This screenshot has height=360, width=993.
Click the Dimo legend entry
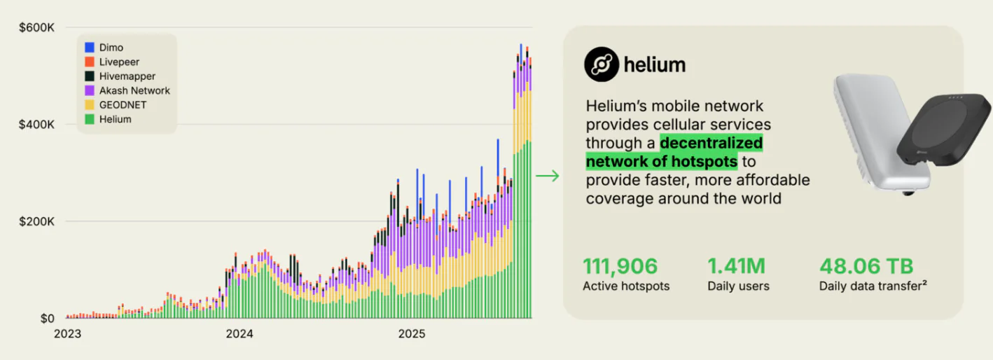[x=111, y=48]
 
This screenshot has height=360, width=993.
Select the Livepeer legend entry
[x=118, y=62]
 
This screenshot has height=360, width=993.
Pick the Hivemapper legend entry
[x=127, y=76]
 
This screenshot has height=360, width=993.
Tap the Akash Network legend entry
[x=134, y=90]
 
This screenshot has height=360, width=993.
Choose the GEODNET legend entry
[x=122, y=105]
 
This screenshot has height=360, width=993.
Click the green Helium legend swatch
[x=90, y=120]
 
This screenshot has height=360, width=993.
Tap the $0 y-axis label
[x=47, y=319]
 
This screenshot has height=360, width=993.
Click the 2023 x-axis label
[x=68, y=334]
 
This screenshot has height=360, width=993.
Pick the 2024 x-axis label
[x=239, y=334]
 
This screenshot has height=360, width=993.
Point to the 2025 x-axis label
[x=412, y=334]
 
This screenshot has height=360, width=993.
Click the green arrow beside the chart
[x=548, y=175]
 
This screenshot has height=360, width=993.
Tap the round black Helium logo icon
[x=602, y=65]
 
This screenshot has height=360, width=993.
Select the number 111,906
[x=620, y=266]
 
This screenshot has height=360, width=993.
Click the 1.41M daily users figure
[x=737, y=266]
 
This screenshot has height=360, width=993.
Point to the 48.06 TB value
[x=866, y=266]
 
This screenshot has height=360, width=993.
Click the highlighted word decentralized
[x=711, y=144]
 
